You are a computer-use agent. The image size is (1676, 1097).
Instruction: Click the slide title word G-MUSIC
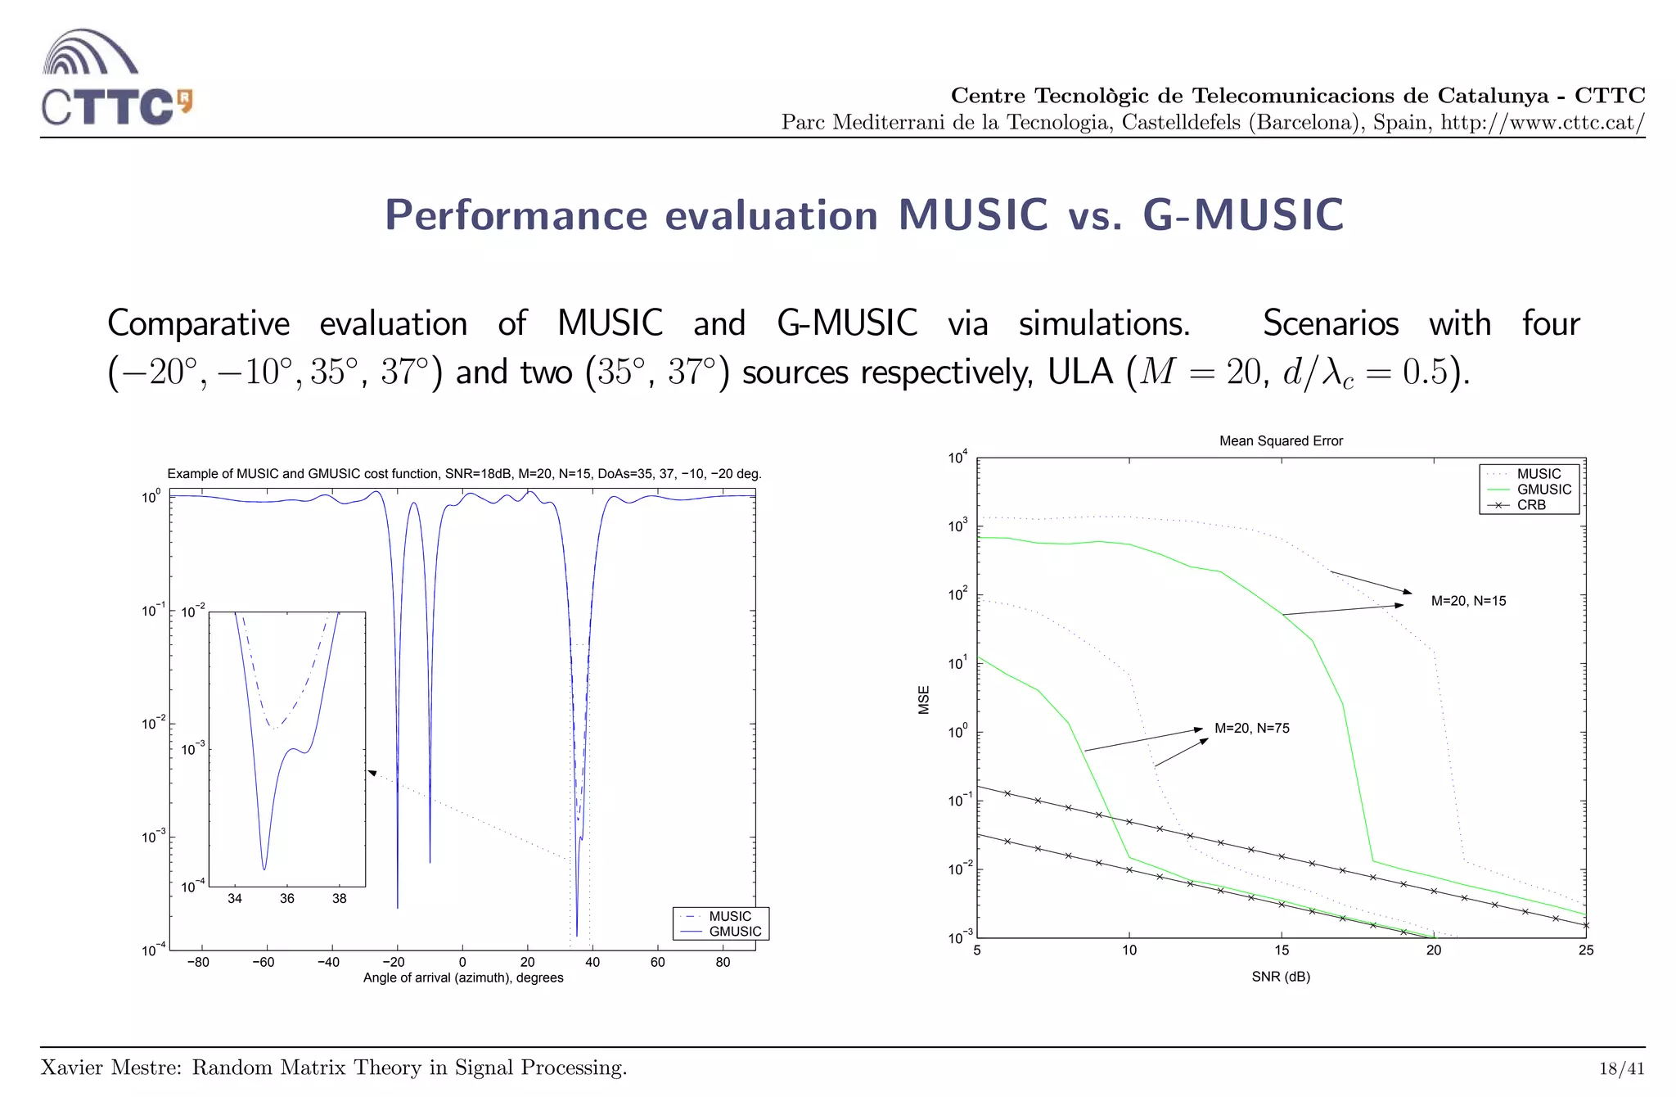pos(1242,215)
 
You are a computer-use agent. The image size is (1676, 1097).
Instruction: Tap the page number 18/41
pos(1621,1068)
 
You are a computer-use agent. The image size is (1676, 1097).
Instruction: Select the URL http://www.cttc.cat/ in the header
pos(1543,123)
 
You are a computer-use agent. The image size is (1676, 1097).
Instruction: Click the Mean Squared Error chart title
pos(1281,441)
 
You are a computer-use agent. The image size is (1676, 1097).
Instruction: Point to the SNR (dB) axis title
pos(1281,977)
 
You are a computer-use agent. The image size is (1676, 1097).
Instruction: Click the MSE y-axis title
pos(924,700)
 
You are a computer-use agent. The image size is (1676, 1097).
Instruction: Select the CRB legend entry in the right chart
pos(1531,505)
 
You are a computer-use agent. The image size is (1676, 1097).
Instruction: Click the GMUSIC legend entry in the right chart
pos(1543,490)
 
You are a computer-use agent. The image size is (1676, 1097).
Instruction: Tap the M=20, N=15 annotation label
pos(1468,601)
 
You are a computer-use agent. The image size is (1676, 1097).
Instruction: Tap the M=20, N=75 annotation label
pos(1251,729)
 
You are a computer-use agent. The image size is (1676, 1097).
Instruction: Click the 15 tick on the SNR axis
pos(1282,950)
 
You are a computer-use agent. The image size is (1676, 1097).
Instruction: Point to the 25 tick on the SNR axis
pos(1586,950)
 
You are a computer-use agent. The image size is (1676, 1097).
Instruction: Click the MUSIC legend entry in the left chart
pos(729,916)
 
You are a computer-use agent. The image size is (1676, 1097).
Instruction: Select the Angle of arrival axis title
pos(463,977)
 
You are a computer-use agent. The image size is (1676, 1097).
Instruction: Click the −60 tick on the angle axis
pos(263,963)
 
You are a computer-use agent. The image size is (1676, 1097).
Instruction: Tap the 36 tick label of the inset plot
pos(286,899)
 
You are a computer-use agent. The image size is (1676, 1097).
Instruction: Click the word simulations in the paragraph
pos(1104,324)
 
